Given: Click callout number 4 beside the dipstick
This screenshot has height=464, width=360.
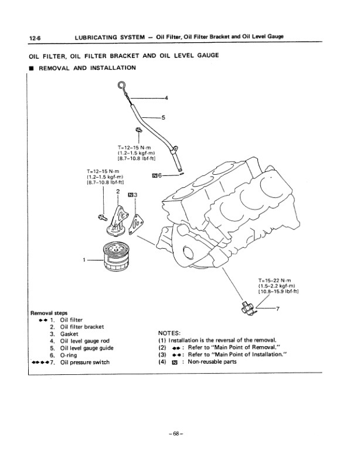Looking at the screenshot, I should pyautogui.click(x=166, y=97).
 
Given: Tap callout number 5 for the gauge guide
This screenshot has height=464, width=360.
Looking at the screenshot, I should pyautogui.click(x=163, y=117).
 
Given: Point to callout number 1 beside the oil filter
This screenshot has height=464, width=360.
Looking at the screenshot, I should pyautogui.click(x=84, y=259).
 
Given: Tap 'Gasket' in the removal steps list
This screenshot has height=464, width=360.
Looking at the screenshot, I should pyautogui.click(x=63, y=334).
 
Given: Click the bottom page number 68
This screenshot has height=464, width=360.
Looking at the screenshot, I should pyautogui.click(x=179, y=434).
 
